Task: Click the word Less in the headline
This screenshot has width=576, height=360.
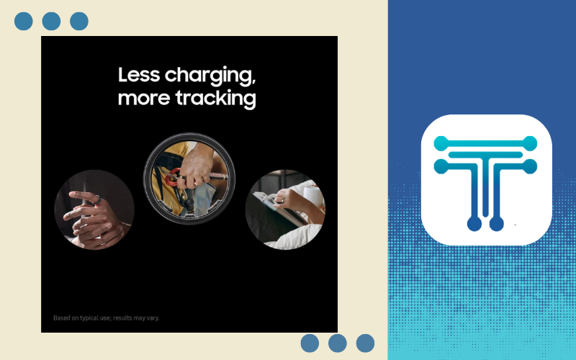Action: [139, 75]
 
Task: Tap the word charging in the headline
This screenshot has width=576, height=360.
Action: [210, 76]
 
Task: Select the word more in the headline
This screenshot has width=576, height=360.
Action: [144, 99]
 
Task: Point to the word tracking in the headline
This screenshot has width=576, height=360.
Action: [215, 99]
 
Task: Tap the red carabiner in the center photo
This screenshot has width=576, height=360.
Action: [173, 177]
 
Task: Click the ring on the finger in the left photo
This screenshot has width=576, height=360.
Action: [98, 200]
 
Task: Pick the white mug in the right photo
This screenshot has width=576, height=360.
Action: [312, 194]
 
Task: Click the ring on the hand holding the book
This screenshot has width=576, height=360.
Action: [281, 200]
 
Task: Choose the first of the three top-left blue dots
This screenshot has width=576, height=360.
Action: [24, 22]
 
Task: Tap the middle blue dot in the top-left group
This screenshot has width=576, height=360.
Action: [51, 22]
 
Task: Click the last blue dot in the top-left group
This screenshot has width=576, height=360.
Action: [79, 22]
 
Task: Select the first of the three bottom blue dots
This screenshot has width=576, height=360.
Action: [310, 343]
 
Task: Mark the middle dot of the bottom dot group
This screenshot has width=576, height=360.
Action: [338, 343]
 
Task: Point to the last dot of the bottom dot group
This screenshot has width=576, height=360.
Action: [365, 343]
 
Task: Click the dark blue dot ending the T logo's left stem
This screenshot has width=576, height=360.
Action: [474, 224]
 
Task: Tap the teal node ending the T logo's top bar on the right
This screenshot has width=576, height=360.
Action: [530, 143]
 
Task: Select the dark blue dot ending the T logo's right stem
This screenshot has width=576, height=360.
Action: [496, 224]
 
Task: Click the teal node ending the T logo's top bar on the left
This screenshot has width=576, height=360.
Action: [441, 143]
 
